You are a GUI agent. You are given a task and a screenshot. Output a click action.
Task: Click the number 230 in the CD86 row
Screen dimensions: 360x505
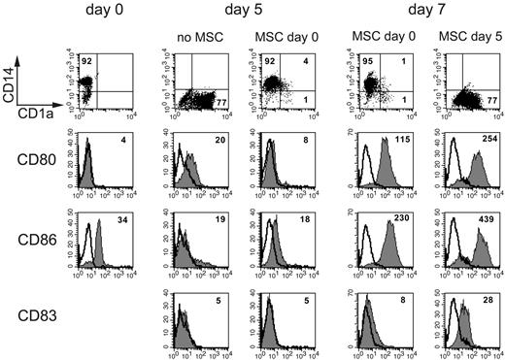point(398,221)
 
